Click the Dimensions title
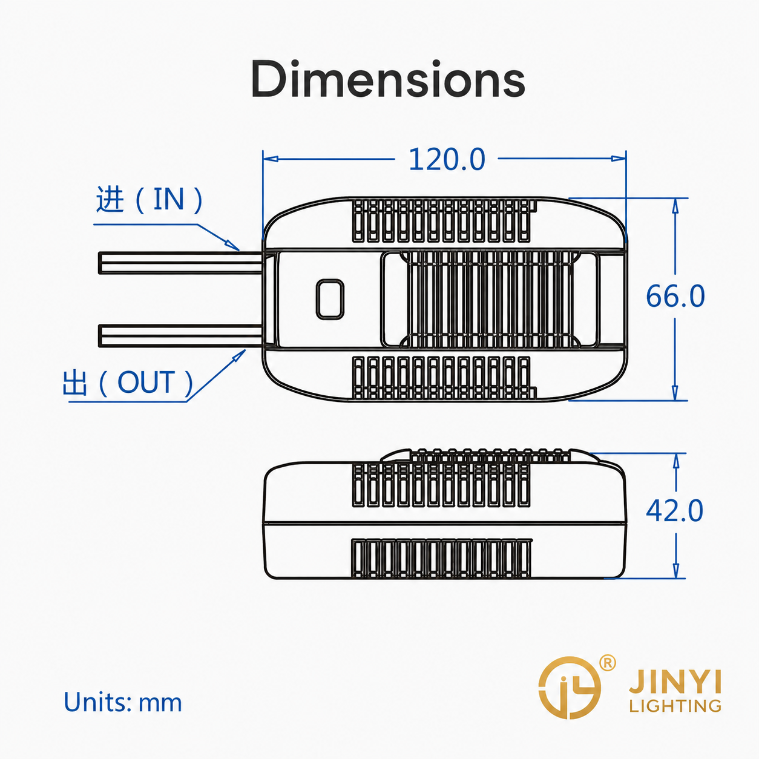[388, 79]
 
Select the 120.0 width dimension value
[447, 159]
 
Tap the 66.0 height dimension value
[675, 296]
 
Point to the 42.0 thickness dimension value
[674, 510]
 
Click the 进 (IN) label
[149, 200]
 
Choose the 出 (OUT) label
[128, 382]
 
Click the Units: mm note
[123, 702]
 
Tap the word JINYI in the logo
[675, 683]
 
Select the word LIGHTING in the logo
[675, 706]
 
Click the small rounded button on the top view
[330, 300]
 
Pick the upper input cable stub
[180, 263]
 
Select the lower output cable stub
[180, 336]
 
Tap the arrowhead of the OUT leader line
[238, 356]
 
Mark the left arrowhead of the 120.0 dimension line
[271, 159]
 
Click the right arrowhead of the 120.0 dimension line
[619, 159]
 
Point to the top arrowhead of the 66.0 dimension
[675, 206]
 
